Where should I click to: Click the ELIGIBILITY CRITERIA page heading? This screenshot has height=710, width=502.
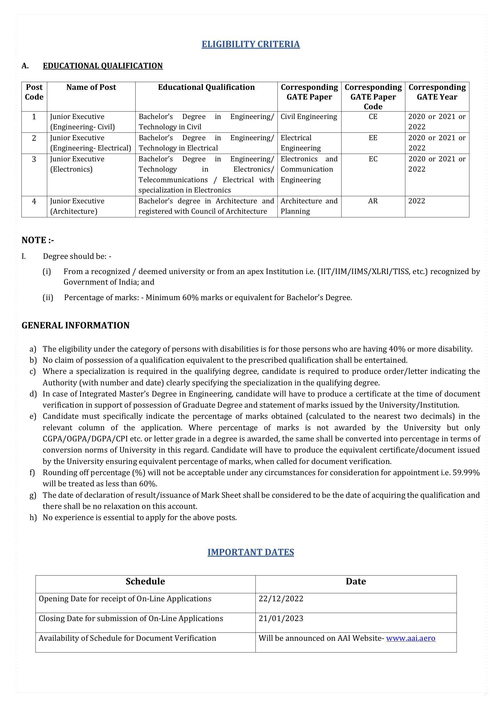point(251,44)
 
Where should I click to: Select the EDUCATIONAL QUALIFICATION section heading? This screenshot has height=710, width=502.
point(103,66)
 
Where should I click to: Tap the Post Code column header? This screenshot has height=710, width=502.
point(34,92)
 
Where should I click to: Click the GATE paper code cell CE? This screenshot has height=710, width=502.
point(373,117)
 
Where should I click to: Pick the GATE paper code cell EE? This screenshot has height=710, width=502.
point(373,138)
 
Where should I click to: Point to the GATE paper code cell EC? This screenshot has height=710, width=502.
point(373,159)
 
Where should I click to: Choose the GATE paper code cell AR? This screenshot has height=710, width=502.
point(373,201)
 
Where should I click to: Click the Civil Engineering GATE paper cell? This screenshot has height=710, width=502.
point(309,117)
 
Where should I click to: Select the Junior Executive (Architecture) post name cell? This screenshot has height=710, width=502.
point(77,206)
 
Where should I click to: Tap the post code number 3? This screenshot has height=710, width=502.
point(34,159)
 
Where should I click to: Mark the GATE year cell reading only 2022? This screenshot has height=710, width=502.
point(417,201)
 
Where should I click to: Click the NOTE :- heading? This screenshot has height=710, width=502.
point(38,240)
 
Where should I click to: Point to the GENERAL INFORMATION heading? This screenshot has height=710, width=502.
point(76,325)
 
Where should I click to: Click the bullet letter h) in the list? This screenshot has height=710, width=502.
point(33,517)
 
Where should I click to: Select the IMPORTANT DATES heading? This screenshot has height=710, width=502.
point(251,552)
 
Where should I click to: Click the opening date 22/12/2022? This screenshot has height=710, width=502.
point(281,599)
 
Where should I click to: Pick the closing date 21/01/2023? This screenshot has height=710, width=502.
point(281,618)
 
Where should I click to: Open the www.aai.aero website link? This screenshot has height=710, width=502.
point(411,638)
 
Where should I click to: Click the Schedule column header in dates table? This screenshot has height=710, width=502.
point(145,581)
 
